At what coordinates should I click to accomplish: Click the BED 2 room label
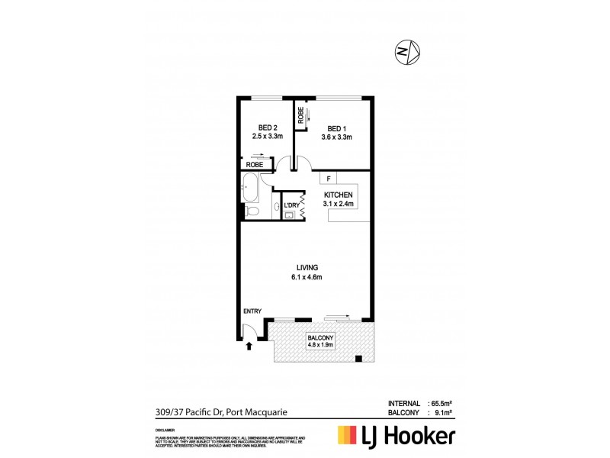click(267, 127)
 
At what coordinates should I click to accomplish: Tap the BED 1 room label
click(336, 127)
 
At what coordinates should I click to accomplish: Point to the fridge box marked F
click(328, 179)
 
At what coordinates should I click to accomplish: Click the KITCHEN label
click(338, 194)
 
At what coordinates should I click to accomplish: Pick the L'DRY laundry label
click(291, 205)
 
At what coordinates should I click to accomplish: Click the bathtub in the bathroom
click(249, 183)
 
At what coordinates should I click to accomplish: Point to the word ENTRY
click(252, 311)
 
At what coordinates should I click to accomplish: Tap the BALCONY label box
click(321, 340)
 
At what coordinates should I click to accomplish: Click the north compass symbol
click(406, 51)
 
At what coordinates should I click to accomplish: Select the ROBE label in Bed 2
click(255, 164)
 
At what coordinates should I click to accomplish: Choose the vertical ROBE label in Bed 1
click(302, 115)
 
